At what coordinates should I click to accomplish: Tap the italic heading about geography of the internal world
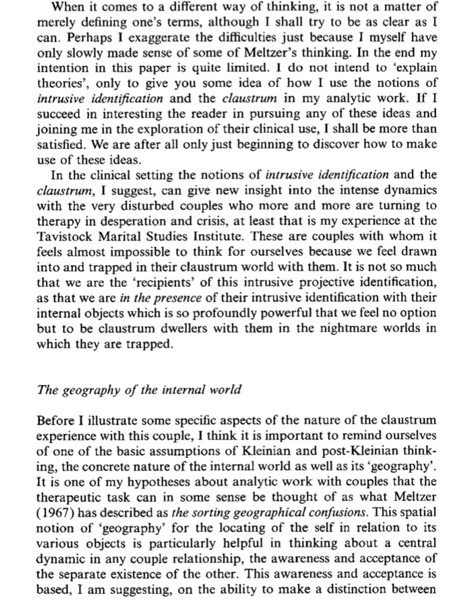click(139, 391)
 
